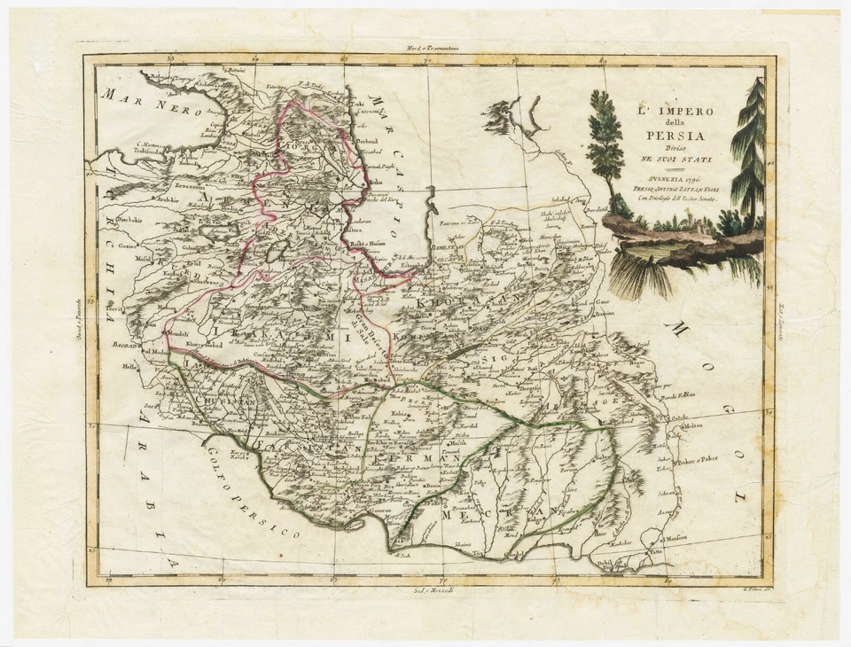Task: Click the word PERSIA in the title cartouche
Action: pyautogui.click(x=670, y=136)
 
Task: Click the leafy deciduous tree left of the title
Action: pyautogui.click(x=605, y=142)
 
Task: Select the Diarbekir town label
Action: pyautogui.click(x=133, y=218)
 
